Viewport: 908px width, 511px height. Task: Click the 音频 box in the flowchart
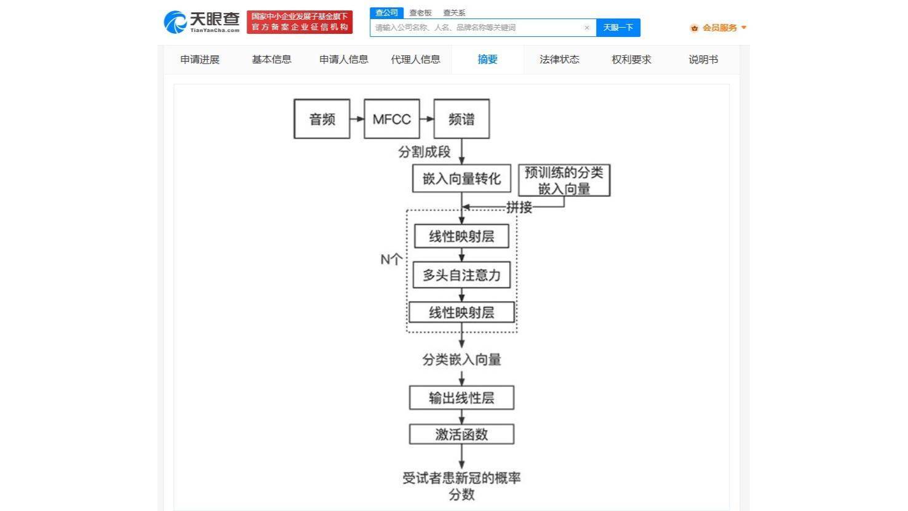(322, 119)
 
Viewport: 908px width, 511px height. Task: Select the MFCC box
(392, 119)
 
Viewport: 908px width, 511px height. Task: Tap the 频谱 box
(461, 119)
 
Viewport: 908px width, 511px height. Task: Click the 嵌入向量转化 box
(461, 179)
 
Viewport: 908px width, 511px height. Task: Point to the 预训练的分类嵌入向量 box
(564, 180)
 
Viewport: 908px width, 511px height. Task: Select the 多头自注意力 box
(461, 275)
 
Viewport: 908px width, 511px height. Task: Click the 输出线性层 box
(461, 398)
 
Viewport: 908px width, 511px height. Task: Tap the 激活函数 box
(461, 434)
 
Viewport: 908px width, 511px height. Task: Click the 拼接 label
(519, 207)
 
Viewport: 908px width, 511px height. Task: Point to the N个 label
(391, 259)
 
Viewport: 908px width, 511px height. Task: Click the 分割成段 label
(424, 151)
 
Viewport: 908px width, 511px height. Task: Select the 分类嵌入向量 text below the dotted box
(461, 360)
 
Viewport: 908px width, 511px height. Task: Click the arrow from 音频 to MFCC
(357, 119)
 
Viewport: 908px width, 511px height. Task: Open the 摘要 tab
(487, 60)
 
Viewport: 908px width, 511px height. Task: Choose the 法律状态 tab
(559, 60)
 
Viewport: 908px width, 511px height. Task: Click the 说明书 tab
(703, 60)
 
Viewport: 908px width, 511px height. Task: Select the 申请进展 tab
(200, 60)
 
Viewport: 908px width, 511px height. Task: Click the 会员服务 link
(719, 28)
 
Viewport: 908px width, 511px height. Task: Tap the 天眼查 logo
(202, 22)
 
